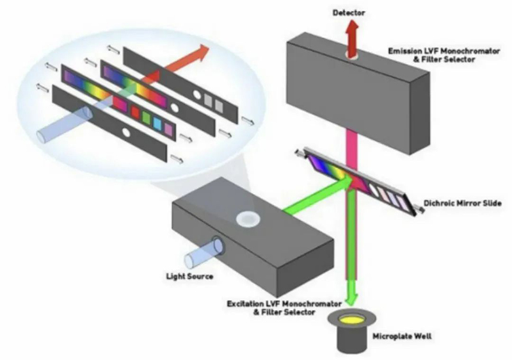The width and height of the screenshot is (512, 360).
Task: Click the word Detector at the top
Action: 349,13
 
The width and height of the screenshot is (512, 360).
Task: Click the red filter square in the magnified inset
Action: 135,112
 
